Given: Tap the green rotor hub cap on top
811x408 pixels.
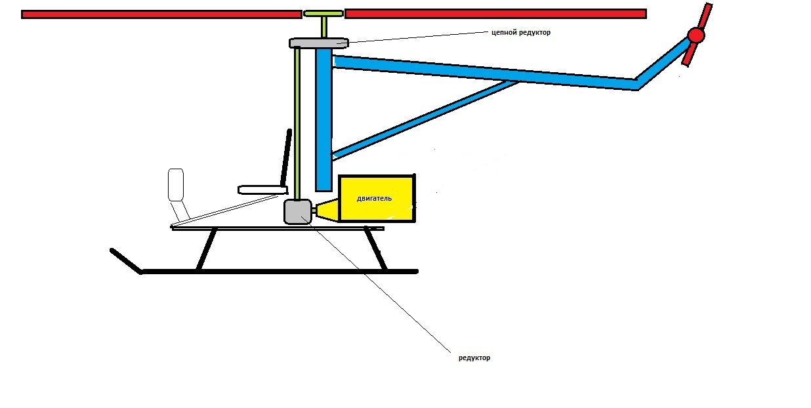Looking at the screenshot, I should (323, 13).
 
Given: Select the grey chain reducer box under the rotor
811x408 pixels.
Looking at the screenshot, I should (318, 43).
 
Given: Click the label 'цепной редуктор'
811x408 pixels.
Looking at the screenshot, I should (521, 32).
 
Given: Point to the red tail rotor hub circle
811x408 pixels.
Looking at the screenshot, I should (696, 35).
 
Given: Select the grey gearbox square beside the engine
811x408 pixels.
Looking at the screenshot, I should (297, 211).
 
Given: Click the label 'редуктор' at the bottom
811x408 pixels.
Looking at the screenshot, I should (474, 358).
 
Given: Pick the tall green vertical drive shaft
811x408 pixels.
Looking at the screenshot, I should (298, 125).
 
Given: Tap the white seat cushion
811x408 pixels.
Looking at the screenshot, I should (262, 190).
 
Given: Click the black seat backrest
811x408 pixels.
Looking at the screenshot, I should (285, 157).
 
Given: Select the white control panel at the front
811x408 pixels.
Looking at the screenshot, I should (175, 184).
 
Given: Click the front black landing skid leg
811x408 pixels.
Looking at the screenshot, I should (207, 249).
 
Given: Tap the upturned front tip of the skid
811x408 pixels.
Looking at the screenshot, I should (125, 260).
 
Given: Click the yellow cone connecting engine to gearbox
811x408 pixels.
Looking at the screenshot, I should (326, 211).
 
